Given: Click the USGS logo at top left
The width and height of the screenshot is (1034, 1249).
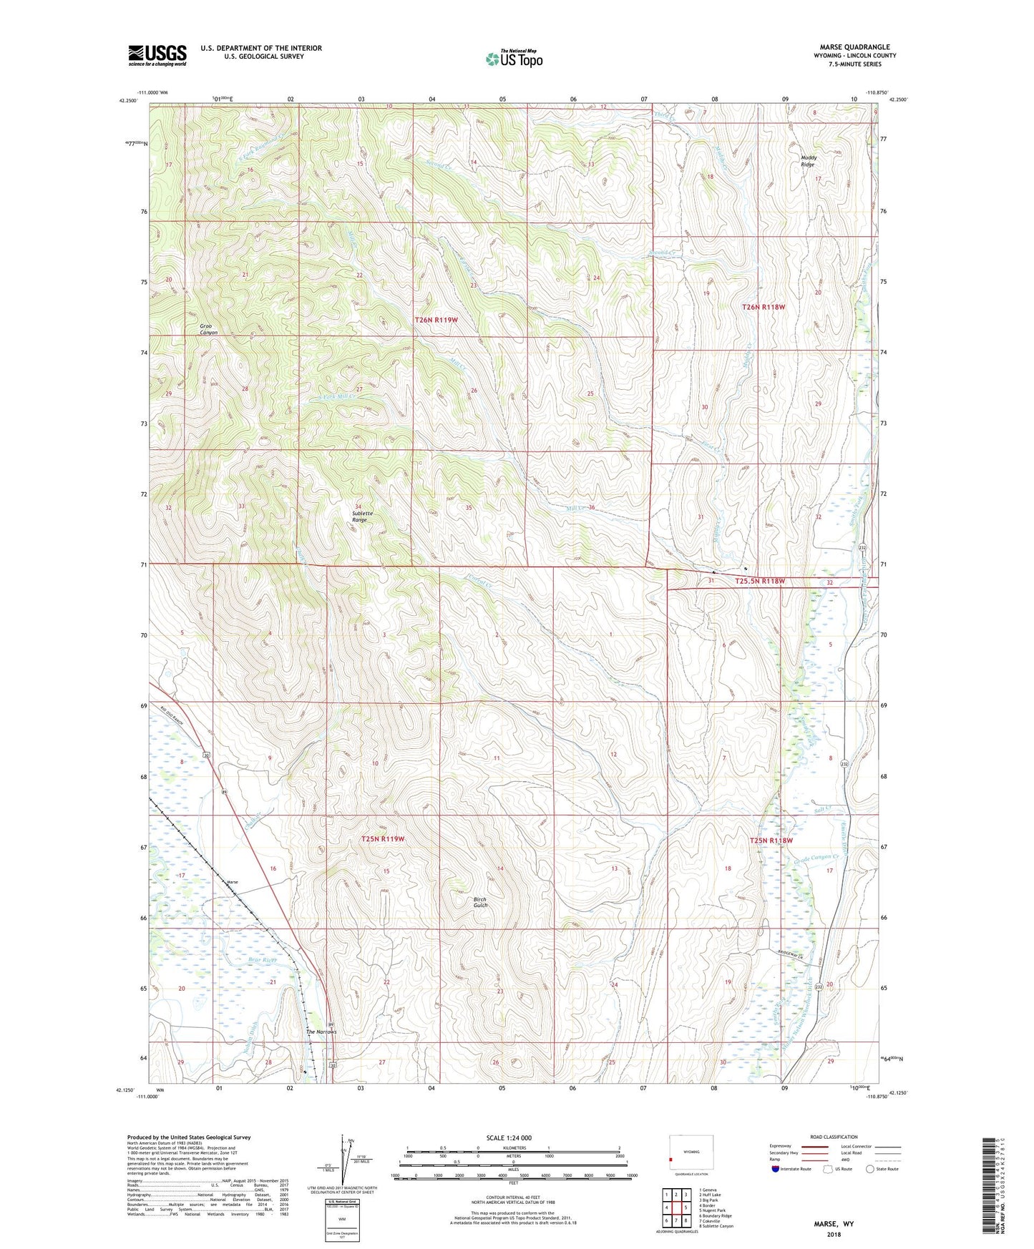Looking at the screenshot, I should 157,55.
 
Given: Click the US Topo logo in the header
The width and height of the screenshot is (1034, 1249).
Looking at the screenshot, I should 514,59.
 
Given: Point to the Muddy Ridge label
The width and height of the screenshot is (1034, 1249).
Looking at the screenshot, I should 808,161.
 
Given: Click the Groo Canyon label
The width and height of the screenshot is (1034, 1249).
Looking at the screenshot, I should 209,330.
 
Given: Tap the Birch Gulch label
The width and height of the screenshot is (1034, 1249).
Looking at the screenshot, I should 480,902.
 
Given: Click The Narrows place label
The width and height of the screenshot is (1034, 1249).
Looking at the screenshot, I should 321,1032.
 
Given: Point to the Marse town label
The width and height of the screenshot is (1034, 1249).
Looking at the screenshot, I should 232,882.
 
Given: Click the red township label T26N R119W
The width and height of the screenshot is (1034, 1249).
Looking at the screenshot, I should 436,320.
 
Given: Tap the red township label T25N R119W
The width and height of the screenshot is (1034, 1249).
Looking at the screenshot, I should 383,838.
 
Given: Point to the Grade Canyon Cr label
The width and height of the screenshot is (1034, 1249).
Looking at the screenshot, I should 820,858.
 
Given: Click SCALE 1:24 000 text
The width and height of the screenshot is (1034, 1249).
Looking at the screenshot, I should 509,1137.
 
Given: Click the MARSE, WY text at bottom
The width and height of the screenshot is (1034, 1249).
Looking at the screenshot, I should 834,1223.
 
